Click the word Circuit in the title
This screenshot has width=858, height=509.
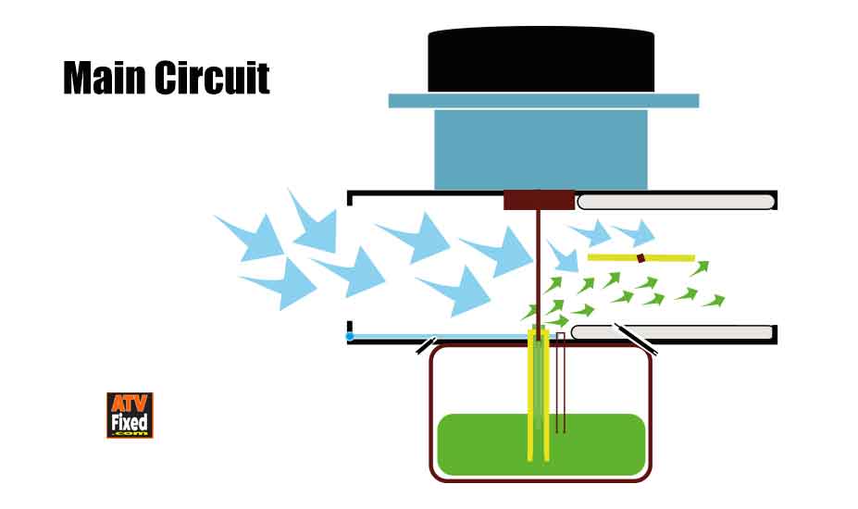click(211, 79)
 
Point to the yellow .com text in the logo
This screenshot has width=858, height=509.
click(129, 433)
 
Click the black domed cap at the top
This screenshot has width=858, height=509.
click(541, 60)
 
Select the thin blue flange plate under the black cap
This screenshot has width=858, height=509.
click(543, 101)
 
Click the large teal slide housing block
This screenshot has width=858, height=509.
click(541, 148)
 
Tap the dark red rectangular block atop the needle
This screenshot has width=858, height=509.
click(539, 199)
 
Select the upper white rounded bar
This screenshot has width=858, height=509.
click(676, 201)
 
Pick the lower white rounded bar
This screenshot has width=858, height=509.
click(672, 332)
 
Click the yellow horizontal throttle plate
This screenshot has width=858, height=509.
click(611, 256)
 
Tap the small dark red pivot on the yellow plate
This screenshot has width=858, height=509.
click(640, 257)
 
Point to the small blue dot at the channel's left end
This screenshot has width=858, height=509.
click(350, 336)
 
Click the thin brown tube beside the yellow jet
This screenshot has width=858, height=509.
click(560, 384)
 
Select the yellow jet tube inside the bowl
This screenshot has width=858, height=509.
click(531, 398)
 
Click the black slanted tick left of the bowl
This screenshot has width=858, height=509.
click(426, 346)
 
